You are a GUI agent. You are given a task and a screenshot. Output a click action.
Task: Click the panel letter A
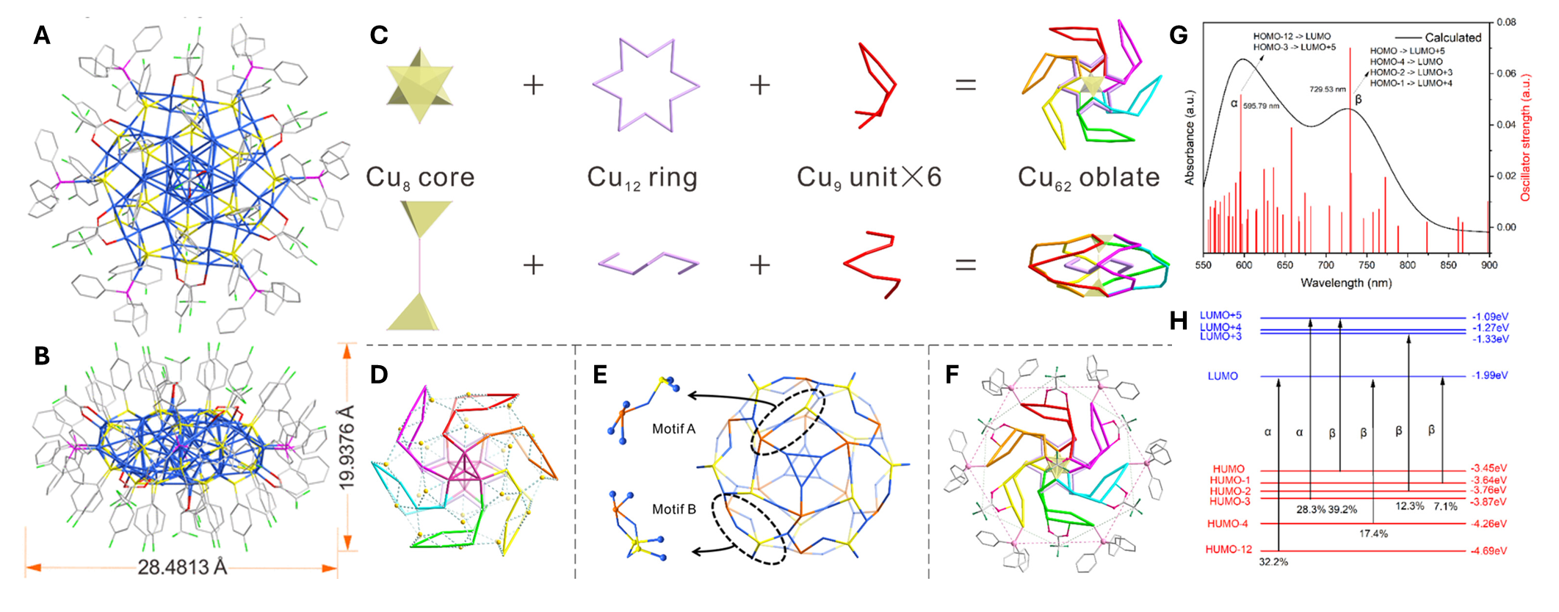[x=42, y=35]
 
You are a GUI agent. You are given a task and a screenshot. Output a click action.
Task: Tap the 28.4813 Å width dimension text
[x=183, y=567]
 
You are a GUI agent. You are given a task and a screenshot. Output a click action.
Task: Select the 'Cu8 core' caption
[x=420, y=178]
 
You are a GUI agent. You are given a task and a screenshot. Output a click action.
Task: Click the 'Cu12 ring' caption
[x=642, y=178]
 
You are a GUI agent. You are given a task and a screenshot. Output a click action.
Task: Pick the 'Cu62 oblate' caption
[x=1088, y=178]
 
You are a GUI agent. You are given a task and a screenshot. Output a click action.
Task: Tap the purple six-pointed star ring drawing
[x=645, y=85]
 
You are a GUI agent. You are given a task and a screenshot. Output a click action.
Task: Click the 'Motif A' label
[x=673, y=429]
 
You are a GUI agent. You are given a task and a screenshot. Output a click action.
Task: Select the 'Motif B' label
[x=673, y=509]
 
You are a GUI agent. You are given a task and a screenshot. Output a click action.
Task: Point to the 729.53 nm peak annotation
[x=1327, y=90]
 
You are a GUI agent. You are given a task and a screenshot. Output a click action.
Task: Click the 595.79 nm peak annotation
[x=1261, y=107]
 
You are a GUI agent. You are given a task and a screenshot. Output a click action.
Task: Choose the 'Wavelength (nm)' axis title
[x=1345, y=283]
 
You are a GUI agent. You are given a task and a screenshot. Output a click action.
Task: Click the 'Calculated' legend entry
[x=1453, y=37]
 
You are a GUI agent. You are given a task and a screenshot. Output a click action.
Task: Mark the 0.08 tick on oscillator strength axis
[x=1506, y=22]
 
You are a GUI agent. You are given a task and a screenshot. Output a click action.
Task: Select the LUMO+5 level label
[x=1220, y=316]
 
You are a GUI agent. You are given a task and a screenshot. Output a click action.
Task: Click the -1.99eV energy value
[x=1489, y=375]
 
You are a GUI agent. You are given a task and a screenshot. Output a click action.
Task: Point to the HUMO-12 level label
[x=1229, y=550]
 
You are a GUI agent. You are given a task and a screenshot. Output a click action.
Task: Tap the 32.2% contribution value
[x=1273, y=562]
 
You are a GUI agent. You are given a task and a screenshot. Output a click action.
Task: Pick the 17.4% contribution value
[x=1373, y=534]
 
